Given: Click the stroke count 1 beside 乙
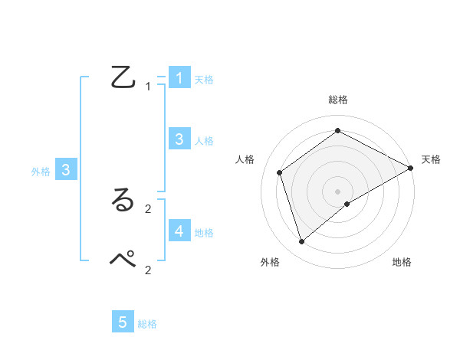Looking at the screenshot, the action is pos(148,87).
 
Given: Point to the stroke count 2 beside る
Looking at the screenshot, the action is pos(148,208).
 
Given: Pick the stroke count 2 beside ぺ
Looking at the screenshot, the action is pos(148,270).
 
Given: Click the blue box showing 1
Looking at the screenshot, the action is pos(179,77).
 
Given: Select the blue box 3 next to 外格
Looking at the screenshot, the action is pos(66,170).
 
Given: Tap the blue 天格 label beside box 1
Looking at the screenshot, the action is pos(204,80).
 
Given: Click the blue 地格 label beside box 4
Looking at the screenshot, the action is pos(204,232).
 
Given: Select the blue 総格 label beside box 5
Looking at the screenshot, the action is pos(147,324).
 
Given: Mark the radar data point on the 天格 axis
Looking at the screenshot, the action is pos(411,168).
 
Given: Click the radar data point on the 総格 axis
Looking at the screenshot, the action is pos(337,130).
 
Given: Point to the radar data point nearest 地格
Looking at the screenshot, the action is pos(347,204).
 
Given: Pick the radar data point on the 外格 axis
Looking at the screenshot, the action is pos(301,242).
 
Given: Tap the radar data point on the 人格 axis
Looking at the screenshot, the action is pos(279,172).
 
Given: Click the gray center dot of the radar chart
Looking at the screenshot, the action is pos(337,191).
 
